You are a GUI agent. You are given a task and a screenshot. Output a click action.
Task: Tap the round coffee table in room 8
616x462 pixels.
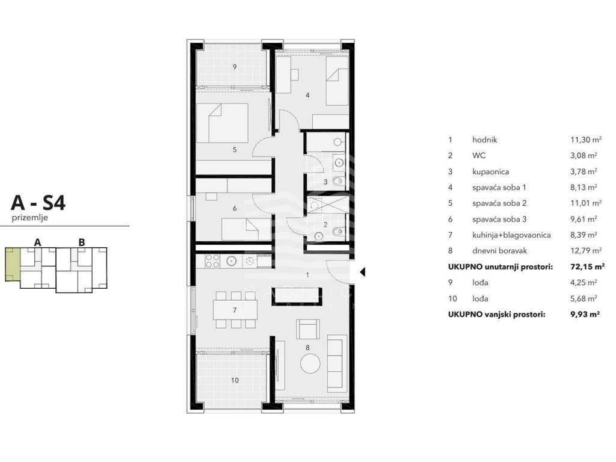(310, 363)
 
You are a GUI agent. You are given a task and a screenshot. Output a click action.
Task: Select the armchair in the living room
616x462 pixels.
(307, 329)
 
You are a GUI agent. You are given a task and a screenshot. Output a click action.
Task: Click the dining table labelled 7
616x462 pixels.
(235, 310)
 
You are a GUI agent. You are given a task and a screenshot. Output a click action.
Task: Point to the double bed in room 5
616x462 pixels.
(222, 123)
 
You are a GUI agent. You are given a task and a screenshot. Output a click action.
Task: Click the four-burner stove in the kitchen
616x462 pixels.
(212, 261)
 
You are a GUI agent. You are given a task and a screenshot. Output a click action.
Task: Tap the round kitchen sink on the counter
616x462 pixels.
(231, 261)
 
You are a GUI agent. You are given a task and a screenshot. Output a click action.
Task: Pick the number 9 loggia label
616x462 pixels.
(235, 67)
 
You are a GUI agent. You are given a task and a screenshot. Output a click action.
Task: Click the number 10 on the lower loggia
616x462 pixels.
(235, 380)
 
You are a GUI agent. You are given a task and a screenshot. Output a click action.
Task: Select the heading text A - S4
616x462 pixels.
(38, 203)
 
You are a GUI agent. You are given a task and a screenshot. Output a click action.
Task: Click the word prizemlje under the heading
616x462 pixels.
(30, 218)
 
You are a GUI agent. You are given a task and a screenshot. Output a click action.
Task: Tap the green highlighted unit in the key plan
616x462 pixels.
(12, 264)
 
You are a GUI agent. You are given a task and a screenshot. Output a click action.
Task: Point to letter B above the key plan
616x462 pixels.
(82, 242)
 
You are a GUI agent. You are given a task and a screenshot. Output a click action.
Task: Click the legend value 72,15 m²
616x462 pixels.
(587, 266)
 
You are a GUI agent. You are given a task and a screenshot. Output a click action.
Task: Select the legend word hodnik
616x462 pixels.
(485, 140)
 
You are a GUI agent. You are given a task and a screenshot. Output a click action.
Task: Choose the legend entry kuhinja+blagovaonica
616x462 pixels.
(511, 235)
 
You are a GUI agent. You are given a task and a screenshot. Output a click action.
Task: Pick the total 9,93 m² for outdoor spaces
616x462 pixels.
(585, 314)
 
